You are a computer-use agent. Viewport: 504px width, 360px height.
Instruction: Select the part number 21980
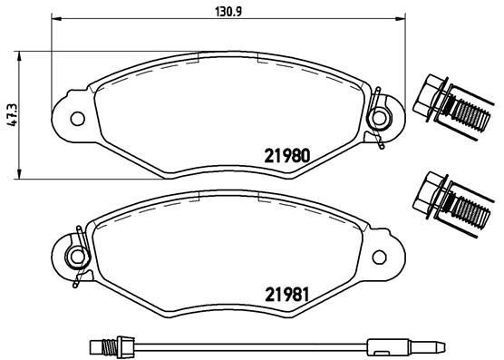click(287, 154)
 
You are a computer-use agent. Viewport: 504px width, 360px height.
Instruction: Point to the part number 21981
click(287, 294)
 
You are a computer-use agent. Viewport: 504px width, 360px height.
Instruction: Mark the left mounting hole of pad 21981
click(78, 255)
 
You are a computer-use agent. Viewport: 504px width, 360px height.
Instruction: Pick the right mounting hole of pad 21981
click(382, 255)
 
